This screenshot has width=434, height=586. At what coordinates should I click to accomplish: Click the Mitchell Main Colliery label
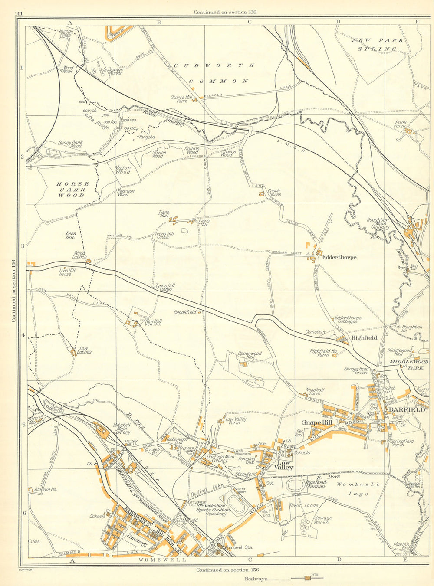click(122, 429)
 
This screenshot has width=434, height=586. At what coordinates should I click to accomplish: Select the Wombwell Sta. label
click(239, 547)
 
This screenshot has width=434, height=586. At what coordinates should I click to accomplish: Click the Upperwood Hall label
click(250, 356)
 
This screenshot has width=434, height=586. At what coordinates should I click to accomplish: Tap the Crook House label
click(274, 193)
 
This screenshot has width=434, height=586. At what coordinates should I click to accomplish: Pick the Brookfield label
click(185, 312)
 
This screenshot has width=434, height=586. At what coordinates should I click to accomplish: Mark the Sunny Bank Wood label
click(70, 144)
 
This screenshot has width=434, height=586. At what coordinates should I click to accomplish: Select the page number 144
click(18, 13)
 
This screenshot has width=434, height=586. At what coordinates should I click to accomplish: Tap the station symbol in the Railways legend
click(307, 578)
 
